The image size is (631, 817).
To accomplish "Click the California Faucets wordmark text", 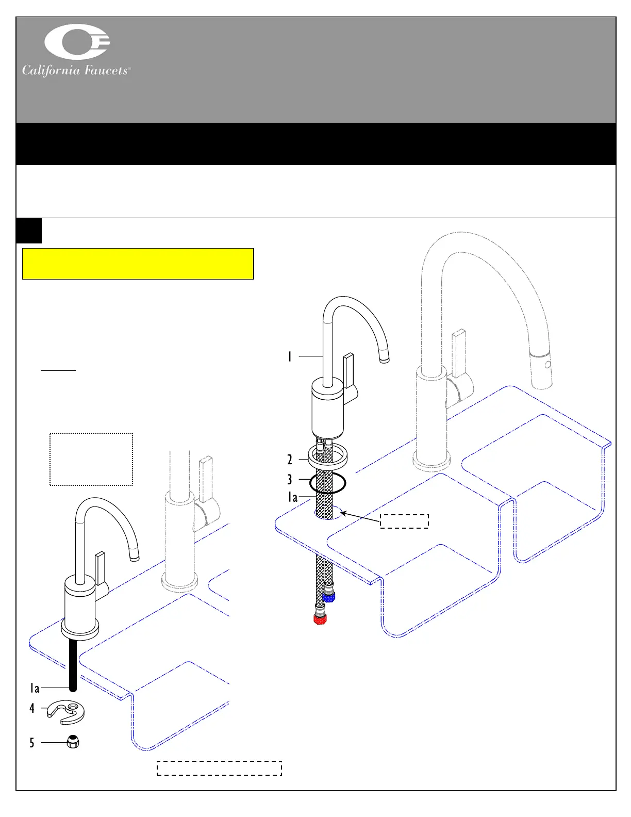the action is [76, 70].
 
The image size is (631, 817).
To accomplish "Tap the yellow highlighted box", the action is [138, 264].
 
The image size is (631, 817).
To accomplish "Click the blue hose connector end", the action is [328, 597].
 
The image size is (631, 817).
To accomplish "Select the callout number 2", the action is [290, 459].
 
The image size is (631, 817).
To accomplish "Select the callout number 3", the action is [290, 480].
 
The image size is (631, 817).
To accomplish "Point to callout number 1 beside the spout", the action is [290, 356].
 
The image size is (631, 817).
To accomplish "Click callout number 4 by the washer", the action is [32, 708].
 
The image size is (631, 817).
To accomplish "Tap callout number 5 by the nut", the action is [32, 743].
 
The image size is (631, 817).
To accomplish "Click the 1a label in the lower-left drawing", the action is [35, 688].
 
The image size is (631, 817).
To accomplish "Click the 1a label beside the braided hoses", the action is [293, 497].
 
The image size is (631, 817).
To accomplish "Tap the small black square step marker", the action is [29, 231].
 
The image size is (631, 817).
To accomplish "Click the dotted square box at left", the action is [91, 459].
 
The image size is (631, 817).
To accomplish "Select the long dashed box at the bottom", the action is [219, 768].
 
